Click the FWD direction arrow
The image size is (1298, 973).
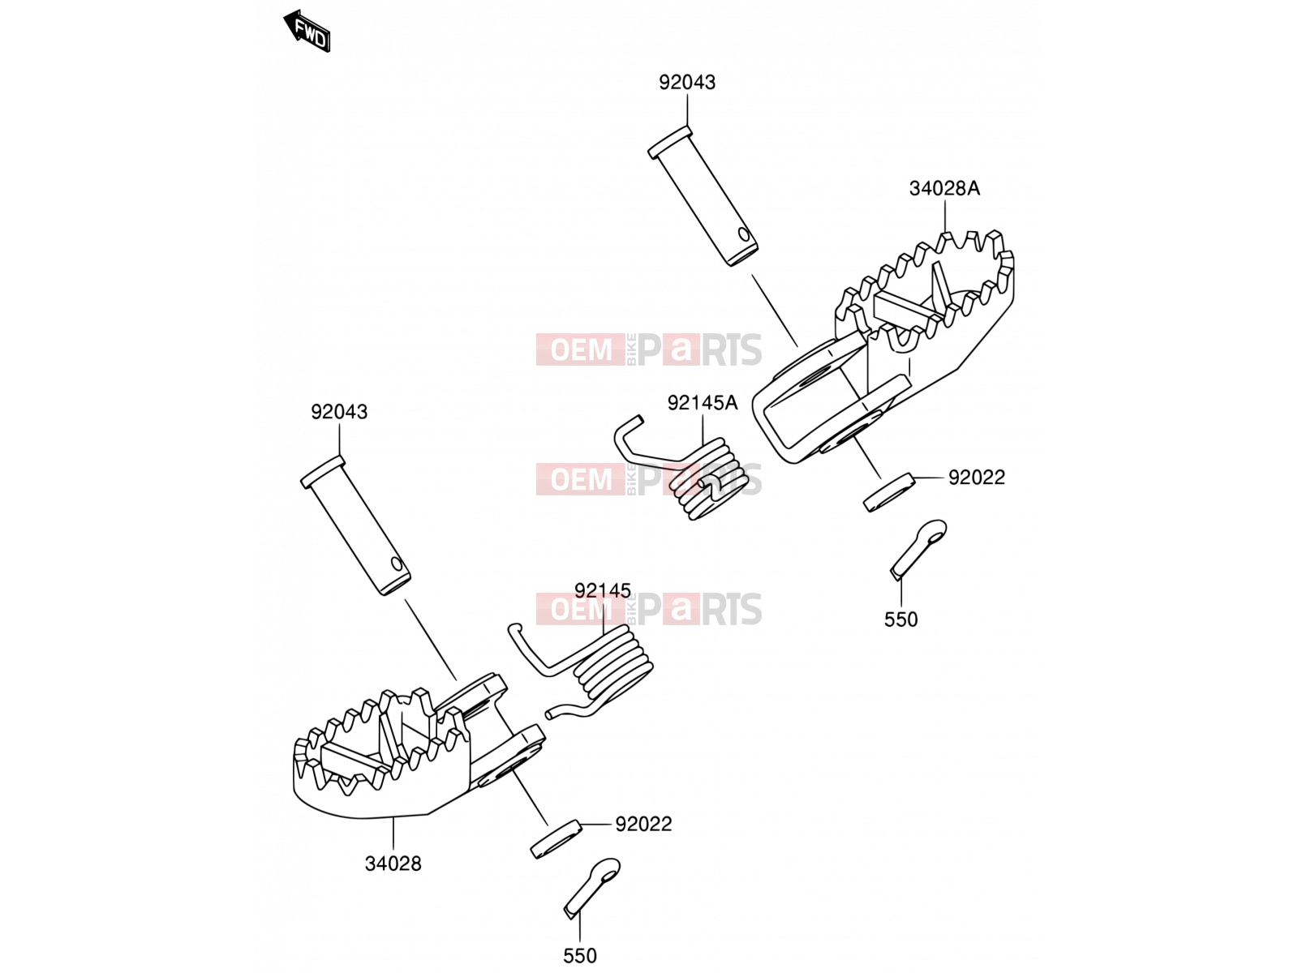307,32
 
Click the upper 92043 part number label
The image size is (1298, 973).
687,83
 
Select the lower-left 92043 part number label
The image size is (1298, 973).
339,412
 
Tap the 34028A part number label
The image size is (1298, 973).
944,188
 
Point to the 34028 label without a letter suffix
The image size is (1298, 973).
393,864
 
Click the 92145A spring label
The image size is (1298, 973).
703,403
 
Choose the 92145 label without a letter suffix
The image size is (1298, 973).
604,590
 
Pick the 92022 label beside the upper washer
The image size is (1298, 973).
977,478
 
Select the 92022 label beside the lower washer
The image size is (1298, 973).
644,824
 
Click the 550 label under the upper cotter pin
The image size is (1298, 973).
901,619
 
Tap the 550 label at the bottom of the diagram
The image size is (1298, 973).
580,956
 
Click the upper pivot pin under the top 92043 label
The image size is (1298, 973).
703,195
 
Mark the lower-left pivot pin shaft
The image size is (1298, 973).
355,525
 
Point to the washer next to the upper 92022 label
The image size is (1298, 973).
889,492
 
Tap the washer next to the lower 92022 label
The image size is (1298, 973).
557,839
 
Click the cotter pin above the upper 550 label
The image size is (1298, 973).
918,547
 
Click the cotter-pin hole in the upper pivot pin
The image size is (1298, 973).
744,234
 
